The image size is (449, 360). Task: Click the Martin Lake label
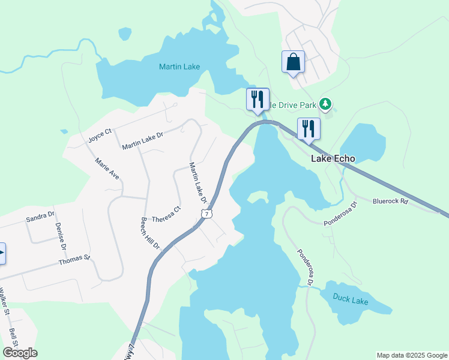179,67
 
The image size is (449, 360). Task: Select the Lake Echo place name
333,159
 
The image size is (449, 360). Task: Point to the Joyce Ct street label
100,134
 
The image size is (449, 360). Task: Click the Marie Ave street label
107,169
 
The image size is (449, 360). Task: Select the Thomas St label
74,260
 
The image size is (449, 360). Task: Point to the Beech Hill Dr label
150,233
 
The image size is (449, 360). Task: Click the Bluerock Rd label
390,202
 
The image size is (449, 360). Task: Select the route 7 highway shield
206,214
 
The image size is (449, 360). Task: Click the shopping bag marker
293,62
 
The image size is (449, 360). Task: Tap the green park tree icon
325,105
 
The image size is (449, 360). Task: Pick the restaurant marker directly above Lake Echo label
309,128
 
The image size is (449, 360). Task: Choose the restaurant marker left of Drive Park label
258,99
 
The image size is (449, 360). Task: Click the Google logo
20,353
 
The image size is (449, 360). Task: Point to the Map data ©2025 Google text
411,355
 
